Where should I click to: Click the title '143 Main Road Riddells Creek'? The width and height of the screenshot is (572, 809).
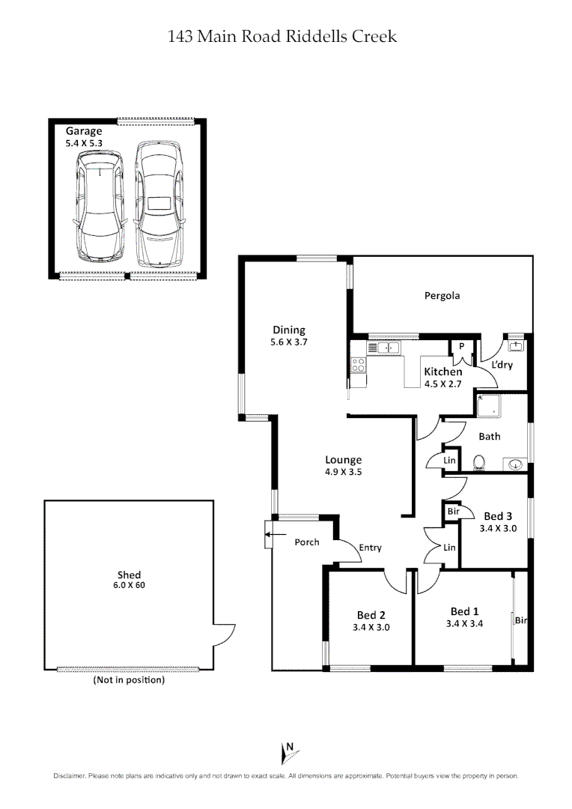(x=283, y=36)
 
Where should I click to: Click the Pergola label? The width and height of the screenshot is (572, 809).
(x=442, y=296)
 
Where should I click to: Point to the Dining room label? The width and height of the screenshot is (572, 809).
(x=288, y=330)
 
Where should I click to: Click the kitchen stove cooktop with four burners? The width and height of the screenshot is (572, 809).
(x=359, y=365)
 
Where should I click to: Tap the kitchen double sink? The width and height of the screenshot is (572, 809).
(x=388, y=348)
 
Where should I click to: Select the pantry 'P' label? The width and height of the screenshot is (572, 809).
(x=462, y=346)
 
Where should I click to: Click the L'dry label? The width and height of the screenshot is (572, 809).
(x=502, y=364)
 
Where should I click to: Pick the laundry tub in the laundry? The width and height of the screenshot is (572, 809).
(x=516, y=345)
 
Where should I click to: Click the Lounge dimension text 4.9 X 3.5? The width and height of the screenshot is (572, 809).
(x=344, y=473)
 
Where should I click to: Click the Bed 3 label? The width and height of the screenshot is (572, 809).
(x=498, y=516)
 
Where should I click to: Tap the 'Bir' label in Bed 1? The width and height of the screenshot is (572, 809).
(x=520, y=620)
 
